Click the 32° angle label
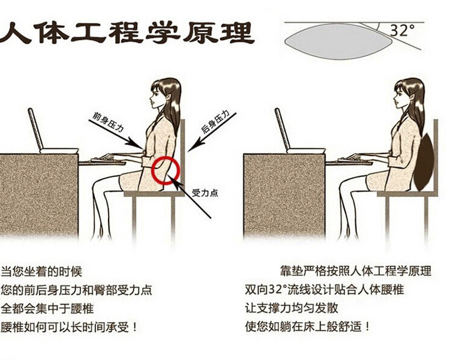pos(403,30)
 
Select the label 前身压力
pos(108,122)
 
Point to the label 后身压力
pos(215,121)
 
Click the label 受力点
pos(205,193)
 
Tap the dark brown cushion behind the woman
pos(424,162)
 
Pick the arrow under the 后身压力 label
pos(212,133)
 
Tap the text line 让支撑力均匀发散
pos(292,308)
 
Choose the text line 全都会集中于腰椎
pos(47,309)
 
